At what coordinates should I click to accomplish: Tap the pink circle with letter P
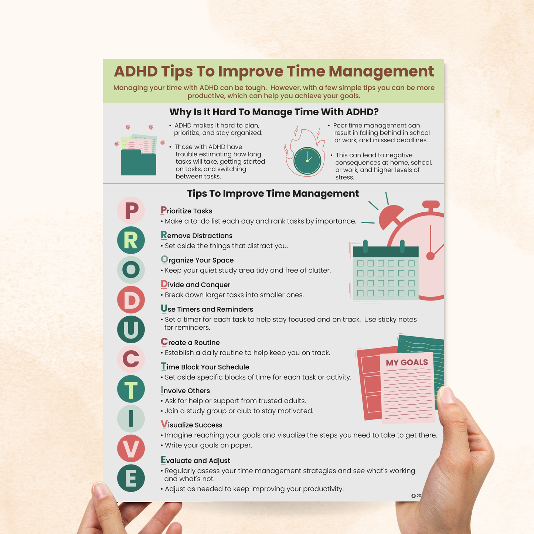[131, 211]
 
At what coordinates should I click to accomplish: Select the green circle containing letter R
[131, 240]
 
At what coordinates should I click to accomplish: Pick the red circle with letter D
[131, 300]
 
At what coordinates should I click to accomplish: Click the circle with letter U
[131, 329]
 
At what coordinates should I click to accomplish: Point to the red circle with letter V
[131, 449]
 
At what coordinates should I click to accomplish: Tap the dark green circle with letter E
[131, 479]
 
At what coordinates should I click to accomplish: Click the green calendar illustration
[385, 273]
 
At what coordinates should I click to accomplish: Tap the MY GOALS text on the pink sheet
[407, 363]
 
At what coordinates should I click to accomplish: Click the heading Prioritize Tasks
[186, 211]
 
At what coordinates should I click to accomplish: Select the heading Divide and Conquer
[195, 285]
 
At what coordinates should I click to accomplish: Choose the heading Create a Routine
[190, 343]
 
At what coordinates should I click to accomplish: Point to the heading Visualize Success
[191, 425]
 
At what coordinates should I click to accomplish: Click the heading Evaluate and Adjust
[195, 460]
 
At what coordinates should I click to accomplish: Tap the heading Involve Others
[185, 391]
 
